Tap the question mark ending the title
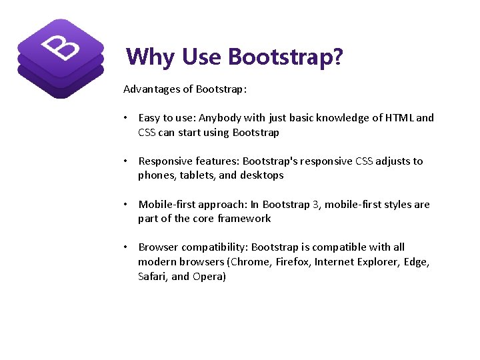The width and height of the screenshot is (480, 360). pos(338,57)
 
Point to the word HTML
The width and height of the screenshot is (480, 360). pos(396,118)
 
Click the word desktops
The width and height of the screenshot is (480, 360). pos(261,175)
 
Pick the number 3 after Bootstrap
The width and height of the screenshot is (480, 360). pos(316,205)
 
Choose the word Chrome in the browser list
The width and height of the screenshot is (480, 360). pos(251,262)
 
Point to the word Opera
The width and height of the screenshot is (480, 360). pos(209,277)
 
